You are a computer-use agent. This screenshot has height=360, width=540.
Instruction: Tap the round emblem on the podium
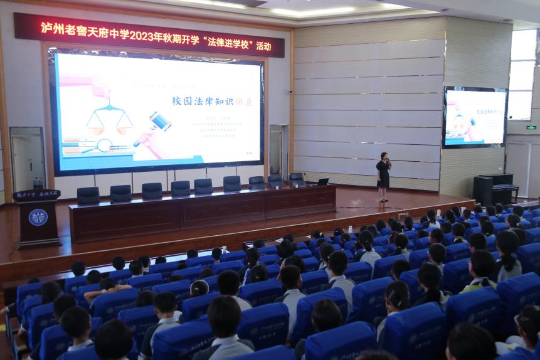point(38,218)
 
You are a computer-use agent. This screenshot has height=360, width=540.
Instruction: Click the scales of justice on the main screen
point(109,119)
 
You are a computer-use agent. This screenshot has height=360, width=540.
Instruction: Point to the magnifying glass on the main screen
point(103,146)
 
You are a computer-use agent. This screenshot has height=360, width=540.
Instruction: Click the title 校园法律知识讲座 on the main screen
point(212,101)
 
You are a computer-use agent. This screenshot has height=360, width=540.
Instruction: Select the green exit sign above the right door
point(531,127)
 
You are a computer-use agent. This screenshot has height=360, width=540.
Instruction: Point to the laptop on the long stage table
point(323,181)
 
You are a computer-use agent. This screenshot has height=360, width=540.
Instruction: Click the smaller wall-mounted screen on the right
point(474,117)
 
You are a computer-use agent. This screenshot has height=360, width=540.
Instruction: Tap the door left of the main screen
point(28,159)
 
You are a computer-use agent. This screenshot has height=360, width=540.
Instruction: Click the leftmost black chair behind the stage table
point(88,195)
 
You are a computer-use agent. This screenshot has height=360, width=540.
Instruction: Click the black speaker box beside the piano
point(482,190)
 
